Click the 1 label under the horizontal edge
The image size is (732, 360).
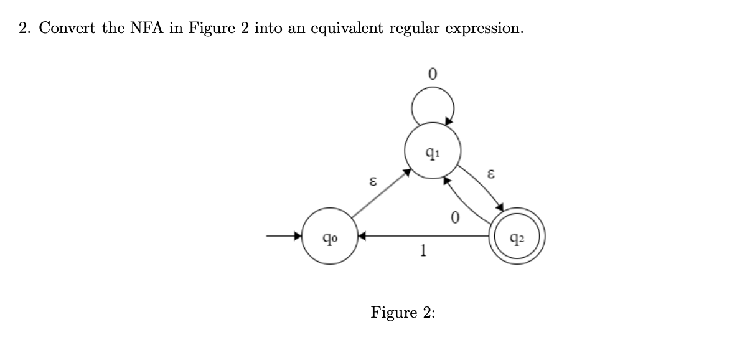point(423,250)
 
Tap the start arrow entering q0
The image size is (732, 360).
point(283,237)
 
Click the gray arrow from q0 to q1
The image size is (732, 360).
point(380,193)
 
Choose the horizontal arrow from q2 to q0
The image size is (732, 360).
point(423,237)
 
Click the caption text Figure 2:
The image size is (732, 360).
point(403,312)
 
